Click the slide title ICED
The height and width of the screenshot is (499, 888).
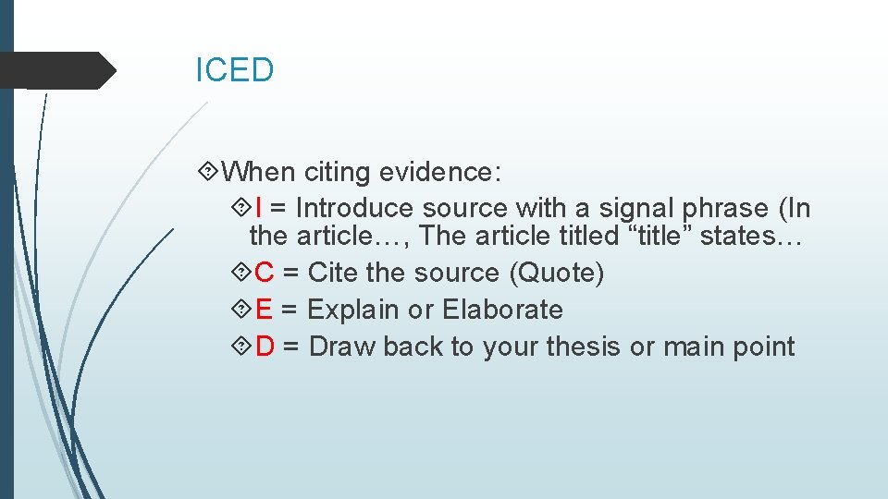(x=234, y=70)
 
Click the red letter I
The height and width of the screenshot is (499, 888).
(x=258, y=209)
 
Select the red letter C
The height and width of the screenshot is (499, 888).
(x=264, y=274)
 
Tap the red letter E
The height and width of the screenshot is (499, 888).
(x=264, y=310)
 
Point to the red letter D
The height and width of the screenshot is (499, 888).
(x=265, y=347)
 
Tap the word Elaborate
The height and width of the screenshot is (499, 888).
(x=502, y=310)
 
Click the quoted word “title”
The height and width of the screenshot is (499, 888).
(x=660, y=237)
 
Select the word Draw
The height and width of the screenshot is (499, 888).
(x=342, y=347)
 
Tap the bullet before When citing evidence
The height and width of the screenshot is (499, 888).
(x=209, y=172)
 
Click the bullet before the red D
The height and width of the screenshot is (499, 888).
(x=241, y=347)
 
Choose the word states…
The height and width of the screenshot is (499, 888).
(x=750, y=237)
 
